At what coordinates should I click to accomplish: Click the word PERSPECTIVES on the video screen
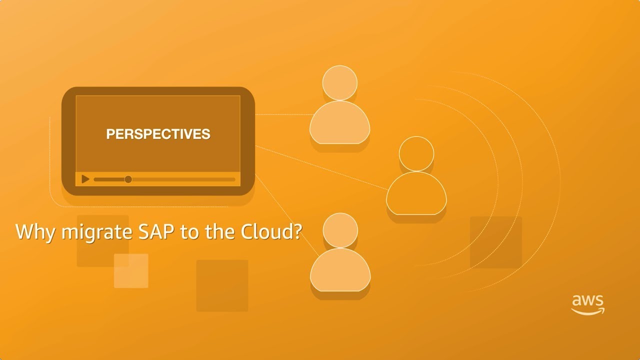click(158, 134)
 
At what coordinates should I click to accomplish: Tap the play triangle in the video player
click(85, 179)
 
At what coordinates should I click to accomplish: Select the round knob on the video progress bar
click(128, 179)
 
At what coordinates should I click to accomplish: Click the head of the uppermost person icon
click(339, 83)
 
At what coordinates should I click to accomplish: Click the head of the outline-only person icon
click(416, 153)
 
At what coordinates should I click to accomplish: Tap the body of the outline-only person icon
click(416, 194)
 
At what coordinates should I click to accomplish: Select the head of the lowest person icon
click(340, 230)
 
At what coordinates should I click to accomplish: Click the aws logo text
click(587, 301)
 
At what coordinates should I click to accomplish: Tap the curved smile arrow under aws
click(588, 311)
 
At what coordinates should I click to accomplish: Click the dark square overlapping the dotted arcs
click(495, 242)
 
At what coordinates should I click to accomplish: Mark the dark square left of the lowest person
click(222, 285)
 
